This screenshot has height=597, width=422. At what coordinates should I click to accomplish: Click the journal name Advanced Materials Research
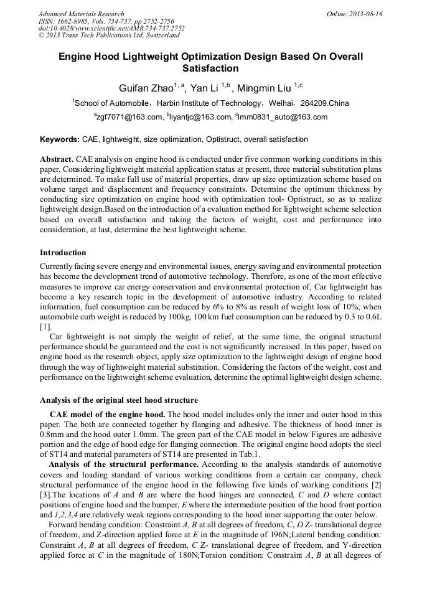click(81, 14)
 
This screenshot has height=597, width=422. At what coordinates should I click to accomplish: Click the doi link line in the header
click(111, 29)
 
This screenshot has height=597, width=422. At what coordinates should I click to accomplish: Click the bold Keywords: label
click(60, 139)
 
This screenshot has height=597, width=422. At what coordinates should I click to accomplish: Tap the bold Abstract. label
click(57, 159)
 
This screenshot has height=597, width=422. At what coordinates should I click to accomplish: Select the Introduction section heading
click(63, 253)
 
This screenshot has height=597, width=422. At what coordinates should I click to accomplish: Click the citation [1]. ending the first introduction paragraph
click(45, 326)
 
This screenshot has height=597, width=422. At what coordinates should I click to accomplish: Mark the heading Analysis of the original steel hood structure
click(119, 400)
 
